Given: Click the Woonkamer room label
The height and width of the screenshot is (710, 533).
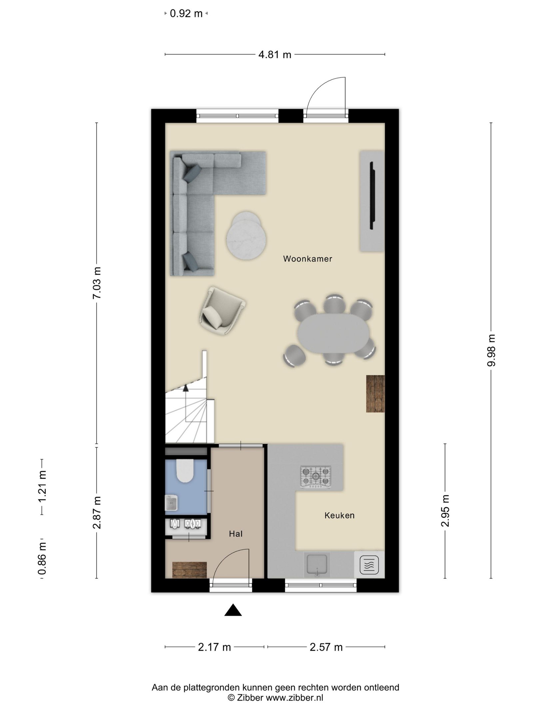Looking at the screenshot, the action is [x=307, y=259].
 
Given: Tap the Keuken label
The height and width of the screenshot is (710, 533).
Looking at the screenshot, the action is [x=339, y=515].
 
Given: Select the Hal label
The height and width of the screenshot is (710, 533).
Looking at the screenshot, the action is [x=236, y=534].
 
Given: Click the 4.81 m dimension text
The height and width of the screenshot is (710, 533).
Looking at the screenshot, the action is [x=275, y=55].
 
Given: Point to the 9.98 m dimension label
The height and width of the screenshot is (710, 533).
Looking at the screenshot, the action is [x=491, y=351].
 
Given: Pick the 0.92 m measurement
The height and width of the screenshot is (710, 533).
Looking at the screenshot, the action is [x=186, y=14].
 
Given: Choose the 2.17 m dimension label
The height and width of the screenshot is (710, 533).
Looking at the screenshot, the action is [x=215, y=647].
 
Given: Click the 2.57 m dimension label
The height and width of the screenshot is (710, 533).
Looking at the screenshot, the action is [x=326, y=647].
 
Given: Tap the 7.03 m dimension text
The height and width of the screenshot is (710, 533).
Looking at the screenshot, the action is [x=97, y=283].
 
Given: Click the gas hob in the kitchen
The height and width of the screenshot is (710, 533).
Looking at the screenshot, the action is [x=315, y=477].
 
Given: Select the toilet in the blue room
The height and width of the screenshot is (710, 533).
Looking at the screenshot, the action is [x=185, y=471].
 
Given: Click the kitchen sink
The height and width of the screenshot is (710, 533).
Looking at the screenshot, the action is [x=316, y=565].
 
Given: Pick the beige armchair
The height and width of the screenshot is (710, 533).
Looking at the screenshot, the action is [x=222, y=311].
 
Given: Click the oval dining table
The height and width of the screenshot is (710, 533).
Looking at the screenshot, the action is [x=333, y=333].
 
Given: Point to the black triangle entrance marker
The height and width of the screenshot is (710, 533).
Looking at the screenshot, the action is [x=233, y=610].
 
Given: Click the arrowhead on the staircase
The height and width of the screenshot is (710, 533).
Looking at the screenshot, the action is [x=186, y=387].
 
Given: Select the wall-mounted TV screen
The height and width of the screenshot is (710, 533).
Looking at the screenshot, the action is [x=372, y=195].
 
